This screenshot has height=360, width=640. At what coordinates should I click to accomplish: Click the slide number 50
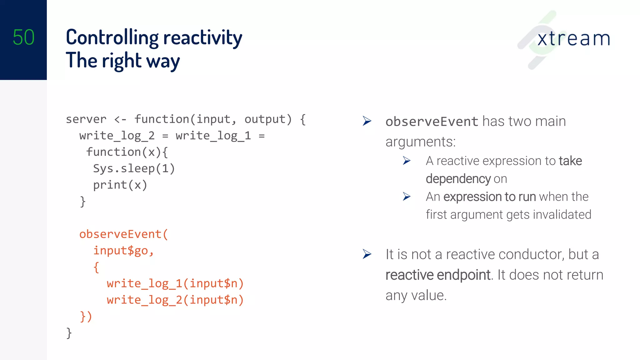coord(23,37)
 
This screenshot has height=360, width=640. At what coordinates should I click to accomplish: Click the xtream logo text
coord(573,39)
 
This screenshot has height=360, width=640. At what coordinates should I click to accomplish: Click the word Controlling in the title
coord(112,38)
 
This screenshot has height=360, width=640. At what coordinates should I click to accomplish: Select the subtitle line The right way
coord(122,61)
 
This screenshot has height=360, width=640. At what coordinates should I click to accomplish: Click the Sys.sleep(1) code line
coord(134,168)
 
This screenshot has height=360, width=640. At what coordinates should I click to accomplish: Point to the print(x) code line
coord(120,185)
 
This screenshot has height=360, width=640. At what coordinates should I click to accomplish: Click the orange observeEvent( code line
coord(123,234)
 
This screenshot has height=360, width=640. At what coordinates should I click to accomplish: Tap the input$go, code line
coord(123,251)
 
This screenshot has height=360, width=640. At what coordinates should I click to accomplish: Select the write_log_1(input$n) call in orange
coord(175,283)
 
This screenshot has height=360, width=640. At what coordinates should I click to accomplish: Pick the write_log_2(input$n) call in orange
coord(175,300)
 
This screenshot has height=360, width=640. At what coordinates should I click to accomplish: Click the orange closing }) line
coord(86,316)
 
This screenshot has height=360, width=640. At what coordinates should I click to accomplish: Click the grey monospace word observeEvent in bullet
coord(432,122)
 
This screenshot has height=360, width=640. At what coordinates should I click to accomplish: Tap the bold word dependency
coord(458,179)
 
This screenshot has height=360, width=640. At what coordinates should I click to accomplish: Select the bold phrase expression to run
coord(489,197)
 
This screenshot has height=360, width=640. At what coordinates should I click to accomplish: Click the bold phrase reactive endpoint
coord(437,275)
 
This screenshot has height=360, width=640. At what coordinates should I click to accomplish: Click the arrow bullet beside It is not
coord(367,254)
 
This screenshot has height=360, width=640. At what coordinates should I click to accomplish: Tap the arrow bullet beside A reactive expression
coord(407,161)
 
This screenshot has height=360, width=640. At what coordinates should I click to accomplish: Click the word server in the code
coord(86,119)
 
